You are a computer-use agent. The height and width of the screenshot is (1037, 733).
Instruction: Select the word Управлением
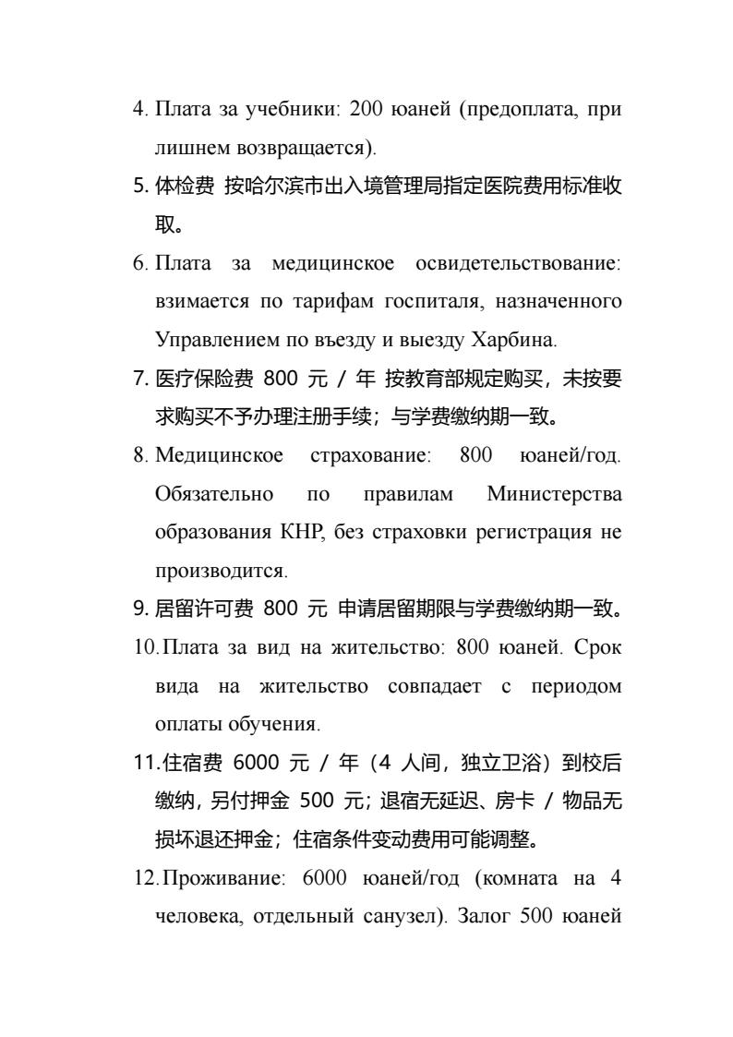[x=208, y=339]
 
